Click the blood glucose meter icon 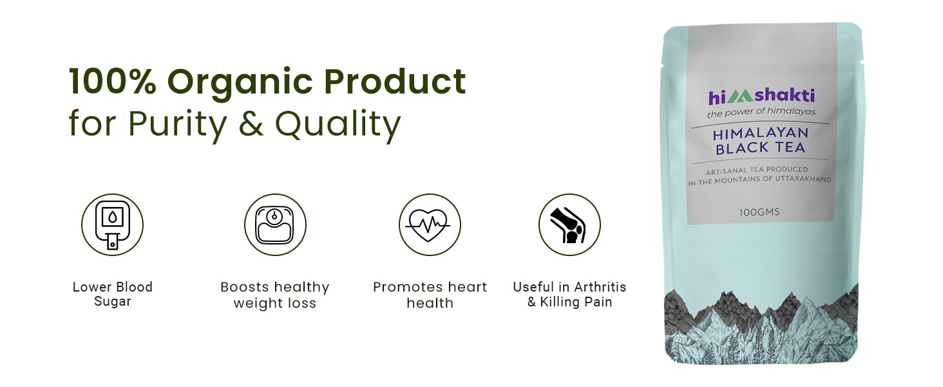(113, 224)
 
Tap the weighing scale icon (275, 224)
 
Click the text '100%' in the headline (113, 81)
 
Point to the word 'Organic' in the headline (240, 84)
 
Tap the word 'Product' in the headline (395, 81)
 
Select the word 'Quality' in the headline (338, 125)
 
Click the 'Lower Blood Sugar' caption (113, 294)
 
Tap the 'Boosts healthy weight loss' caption (275, 295)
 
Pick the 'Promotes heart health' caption (430, 295)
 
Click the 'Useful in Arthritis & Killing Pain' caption (569, 294)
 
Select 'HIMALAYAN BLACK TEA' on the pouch (760, 141)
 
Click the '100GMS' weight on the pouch (759, 212)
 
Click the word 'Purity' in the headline (177, 125)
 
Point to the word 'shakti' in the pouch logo (785, 95)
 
